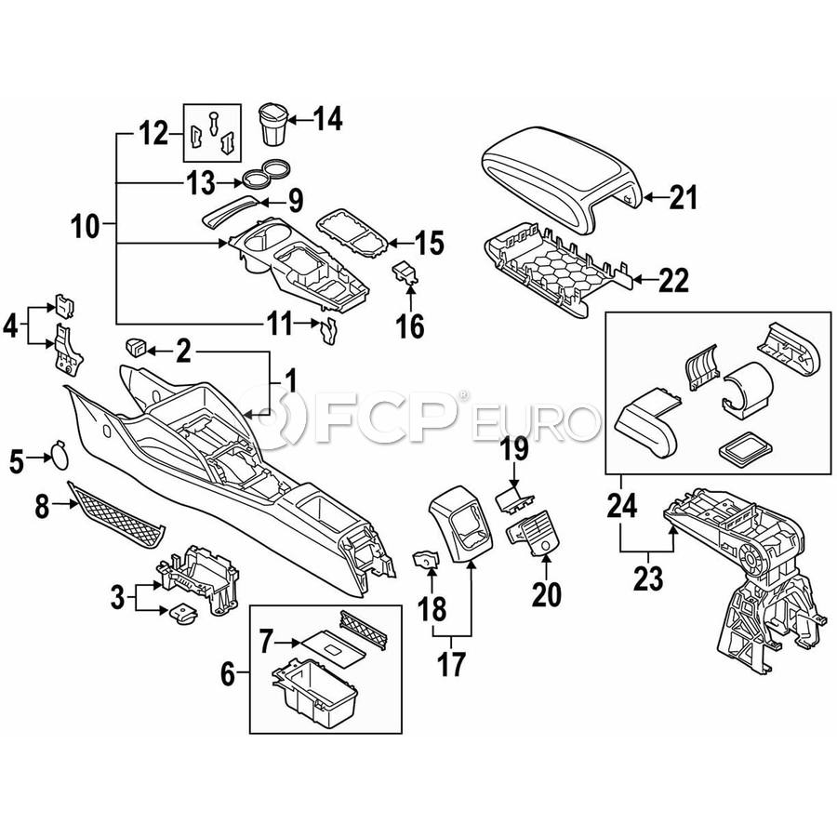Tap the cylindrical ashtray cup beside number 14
(x=272, y=124)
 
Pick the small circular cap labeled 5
(x=59, y=456)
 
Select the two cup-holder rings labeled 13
(x=263, y=173)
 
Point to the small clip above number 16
(x=405, y=272)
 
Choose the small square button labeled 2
(x=134, y=349)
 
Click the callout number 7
(x=267, y=642)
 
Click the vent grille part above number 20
(x=532, y=537)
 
